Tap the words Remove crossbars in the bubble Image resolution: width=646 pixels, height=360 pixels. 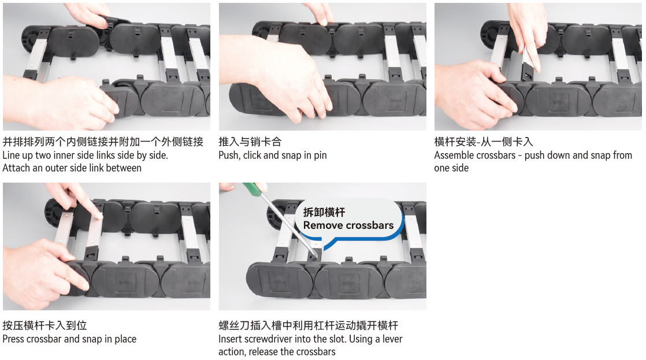coord(348,225)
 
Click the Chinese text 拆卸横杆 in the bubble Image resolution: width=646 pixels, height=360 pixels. coord(324,212)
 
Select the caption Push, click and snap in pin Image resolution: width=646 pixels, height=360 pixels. coord(272,155)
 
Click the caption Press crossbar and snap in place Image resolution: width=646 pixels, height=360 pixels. coord(69,339)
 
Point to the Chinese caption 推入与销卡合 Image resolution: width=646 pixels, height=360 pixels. coord(250,142)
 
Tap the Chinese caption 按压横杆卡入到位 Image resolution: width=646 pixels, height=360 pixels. coord(44,326)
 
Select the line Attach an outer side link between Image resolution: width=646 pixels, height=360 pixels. coord(72,168)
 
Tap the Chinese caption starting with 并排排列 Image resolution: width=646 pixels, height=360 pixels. coord(103,142)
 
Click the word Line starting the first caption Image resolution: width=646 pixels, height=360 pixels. coord(12,155)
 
